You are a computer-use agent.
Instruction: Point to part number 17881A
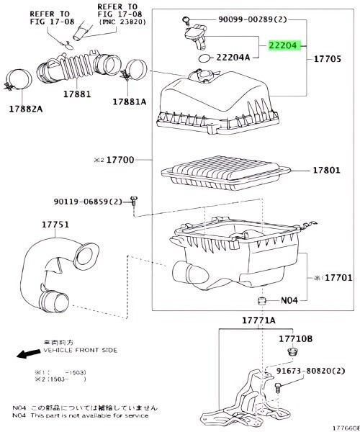coord(129,102)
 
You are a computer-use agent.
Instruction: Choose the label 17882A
coord(26,109)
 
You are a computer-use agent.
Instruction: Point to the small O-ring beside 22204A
coord(205,57)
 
